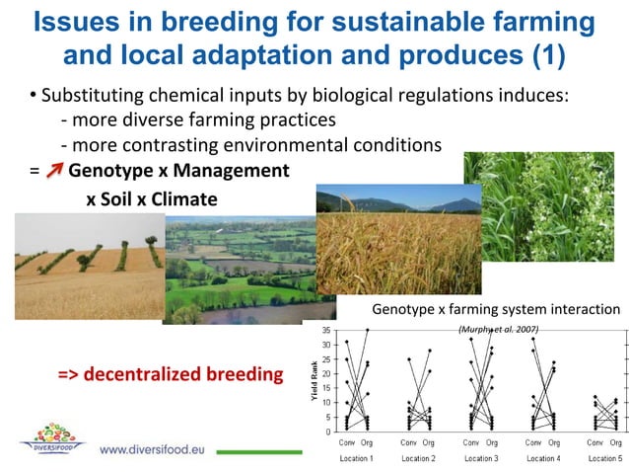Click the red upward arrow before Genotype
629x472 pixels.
click(53, 173)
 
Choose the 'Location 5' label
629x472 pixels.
click(603, 459)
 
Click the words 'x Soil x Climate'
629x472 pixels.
click(151, 197)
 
